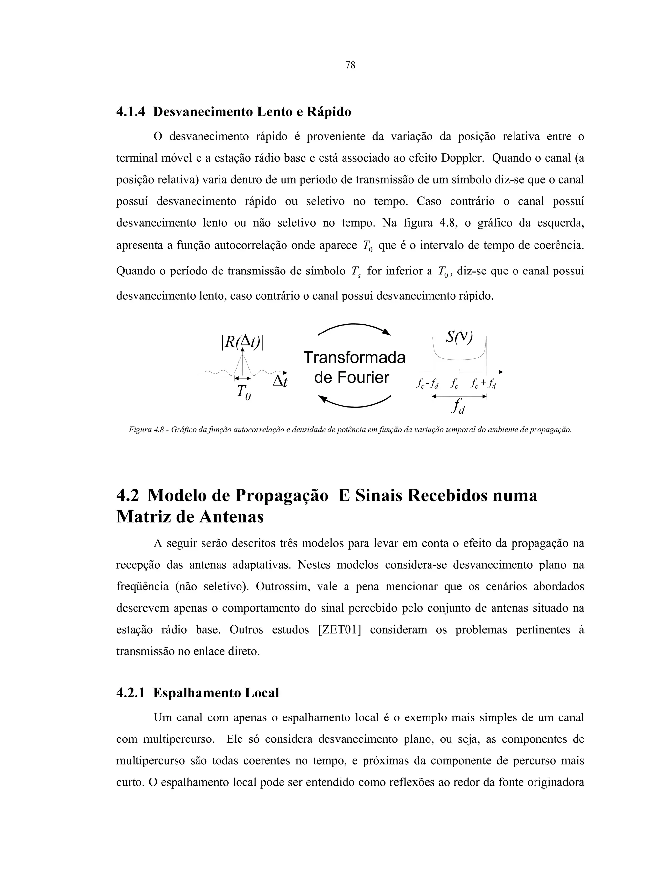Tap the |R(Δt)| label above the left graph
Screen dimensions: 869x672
point(243,342)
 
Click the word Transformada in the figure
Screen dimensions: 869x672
point(354,358)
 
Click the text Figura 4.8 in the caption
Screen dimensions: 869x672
point(145,430)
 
